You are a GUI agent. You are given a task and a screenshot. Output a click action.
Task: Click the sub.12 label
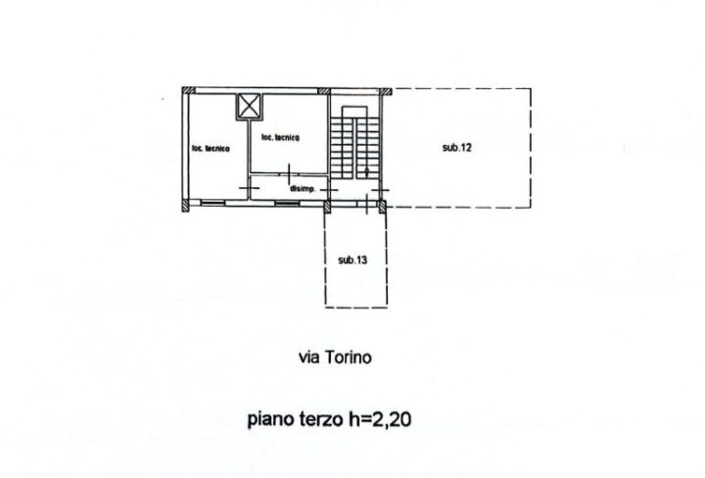[x=457, y=148]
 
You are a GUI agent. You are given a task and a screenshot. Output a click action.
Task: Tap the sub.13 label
[x=352, y=260]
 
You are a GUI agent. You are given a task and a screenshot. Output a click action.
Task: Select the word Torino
[x=348, y=358]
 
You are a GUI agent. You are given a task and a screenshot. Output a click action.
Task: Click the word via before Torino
[x=309, y=358]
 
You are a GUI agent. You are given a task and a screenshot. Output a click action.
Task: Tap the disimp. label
[x=303, y=189]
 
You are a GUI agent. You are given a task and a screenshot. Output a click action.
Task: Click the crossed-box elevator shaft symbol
[x=249, y=107]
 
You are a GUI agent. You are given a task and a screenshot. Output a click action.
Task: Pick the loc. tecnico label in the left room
[x=211, y=148]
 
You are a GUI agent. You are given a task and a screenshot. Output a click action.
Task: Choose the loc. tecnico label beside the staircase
[x=280, y=137]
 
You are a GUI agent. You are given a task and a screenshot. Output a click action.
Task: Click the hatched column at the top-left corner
[x=189, y=91]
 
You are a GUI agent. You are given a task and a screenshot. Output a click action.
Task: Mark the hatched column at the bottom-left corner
[x=186, y=206]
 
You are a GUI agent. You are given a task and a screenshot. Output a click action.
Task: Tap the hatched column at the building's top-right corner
[x=385, y=92]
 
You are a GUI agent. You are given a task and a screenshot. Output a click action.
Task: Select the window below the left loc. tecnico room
[x=212, y=204]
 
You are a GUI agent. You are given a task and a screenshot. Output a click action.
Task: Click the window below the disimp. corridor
[x=287, y=204]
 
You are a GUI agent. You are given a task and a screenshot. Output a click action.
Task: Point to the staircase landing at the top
[x=355, y=113]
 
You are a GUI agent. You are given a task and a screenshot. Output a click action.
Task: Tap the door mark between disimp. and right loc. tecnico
[x=289, y=173]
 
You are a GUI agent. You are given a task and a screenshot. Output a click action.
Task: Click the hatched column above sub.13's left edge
[x=327, y=207]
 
